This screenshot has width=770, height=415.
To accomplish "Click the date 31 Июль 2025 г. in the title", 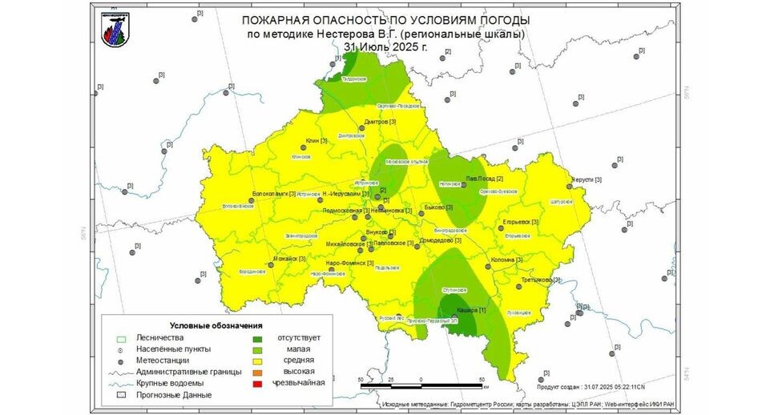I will click(x=385, y=47).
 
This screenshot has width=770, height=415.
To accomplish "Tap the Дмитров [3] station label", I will click(x=381, y=122).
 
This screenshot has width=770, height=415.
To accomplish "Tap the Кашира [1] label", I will click(x=470, y=309).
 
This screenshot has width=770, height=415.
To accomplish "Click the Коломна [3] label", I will click(x=506, y=259).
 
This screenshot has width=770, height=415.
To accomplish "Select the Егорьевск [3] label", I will click(x=518, y=222).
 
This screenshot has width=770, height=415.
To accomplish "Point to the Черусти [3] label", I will click(x=587, y=180).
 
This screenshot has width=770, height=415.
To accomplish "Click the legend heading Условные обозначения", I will click(x=216, y=325).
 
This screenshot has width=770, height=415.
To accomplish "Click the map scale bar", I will click(x=421, y=386).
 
